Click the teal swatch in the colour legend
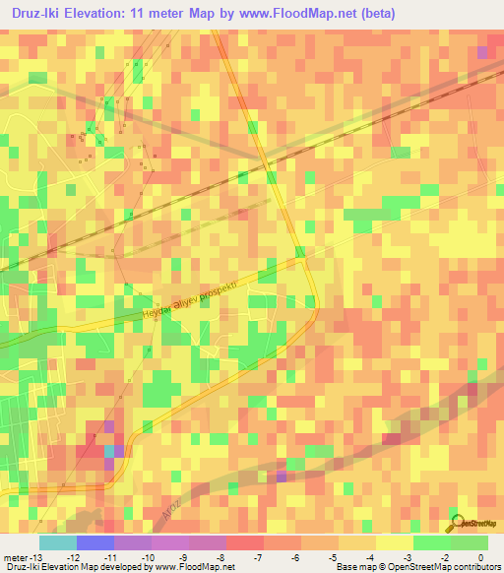tap(58, 542)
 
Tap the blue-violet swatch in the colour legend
tap(95, 542)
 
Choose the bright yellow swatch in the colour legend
tap(395, 542)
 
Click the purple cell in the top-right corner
tap(481, 52)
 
